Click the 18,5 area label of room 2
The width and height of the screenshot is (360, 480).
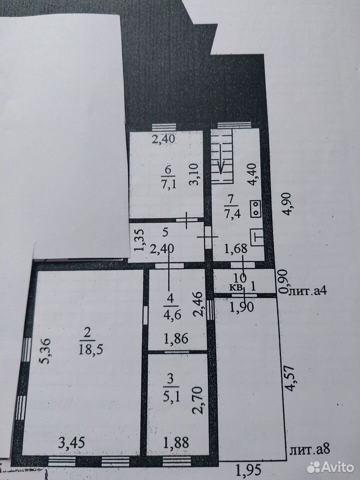90,349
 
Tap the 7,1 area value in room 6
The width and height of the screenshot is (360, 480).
168,184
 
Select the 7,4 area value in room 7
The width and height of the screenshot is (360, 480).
232,213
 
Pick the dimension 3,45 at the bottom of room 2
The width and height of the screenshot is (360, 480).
71,442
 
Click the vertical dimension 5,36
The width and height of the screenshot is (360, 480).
45,350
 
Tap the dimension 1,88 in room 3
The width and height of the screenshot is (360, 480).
176,442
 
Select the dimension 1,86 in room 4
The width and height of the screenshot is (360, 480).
176,339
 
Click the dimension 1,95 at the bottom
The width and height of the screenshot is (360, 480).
248,469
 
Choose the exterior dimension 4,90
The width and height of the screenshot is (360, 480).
286,204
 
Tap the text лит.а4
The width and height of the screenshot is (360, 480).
307,290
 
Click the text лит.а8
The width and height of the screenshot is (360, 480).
309,450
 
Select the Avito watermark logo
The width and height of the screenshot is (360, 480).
330,467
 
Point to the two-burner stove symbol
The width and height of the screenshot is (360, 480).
255,209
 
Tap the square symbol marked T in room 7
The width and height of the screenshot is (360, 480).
257,237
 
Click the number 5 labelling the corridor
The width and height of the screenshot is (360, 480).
165,232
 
